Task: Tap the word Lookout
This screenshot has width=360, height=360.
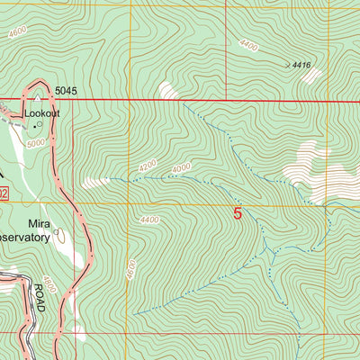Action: coord(42,114)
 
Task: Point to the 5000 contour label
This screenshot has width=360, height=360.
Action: coord(36,143)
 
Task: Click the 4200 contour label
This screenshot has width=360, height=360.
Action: coord(149,168)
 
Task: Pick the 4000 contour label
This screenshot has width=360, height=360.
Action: coord(181,168)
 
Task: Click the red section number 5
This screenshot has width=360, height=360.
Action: coord(238,214)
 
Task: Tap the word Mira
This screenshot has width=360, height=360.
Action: coord(38,222)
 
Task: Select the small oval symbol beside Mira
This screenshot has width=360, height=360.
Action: coord(58,232)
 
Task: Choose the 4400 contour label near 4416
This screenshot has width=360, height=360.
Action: coord(249,43)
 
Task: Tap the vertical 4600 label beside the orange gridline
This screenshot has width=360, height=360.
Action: coord(131,269)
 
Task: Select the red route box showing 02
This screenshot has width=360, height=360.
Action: coord(4,193)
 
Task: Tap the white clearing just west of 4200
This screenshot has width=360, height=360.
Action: coord(95,183)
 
